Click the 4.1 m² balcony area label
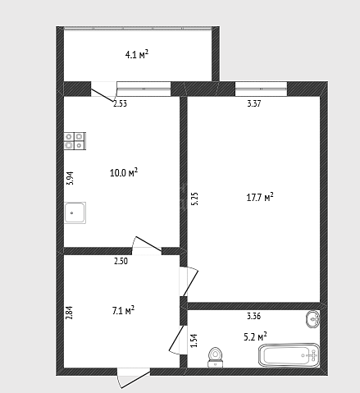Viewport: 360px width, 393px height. [137, 54]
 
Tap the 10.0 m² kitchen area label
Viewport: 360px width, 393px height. [124, 172]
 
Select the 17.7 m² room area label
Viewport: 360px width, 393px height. [260, 197]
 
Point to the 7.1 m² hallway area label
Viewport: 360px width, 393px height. [123, 310]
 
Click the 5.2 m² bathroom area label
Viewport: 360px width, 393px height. [255, 336]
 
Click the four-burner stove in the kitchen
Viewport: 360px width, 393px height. [75, 141]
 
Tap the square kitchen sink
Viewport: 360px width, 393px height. [75, 212]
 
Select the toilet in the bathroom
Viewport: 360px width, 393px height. [216, 357]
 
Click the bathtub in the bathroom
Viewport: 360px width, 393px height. [289, 355]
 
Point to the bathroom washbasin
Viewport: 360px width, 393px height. [312, 319]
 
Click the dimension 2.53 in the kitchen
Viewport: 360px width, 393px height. [120, 103]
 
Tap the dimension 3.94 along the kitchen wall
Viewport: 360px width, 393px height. [71, 178]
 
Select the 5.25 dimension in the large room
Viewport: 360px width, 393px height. [194, 199]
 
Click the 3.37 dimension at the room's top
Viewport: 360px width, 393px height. [254, 103]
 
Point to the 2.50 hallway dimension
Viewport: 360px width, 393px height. [121, 261]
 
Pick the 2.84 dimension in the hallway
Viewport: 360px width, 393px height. [70, 313]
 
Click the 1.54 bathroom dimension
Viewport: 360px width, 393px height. [194, 340]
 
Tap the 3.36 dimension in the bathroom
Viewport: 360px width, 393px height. [254, 316]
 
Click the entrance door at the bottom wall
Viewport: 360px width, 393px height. [134, 378]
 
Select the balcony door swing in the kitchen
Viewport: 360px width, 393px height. [103, 93]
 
